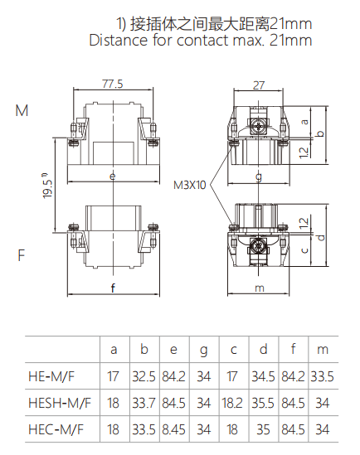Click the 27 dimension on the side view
[x=259, y=84]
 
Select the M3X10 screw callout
[x=189, y=185]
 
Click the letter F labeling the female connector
[x=21, y=255]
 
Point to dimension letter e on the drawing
[x=112, y=176]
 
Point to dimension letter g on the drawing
[x=259, y=176]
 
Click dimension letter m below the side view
[x=259, y=288]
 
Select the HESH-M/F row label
[x=61, y=404]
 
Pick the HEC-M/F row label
[x=57, y=430]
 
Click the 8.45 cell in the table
[x=174, y=430]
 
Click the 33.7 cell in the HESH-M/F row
[x=144, y=404]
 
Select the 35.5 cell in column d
[x=264, y=404]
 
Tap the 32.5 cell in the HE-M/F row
[x=144, y=376]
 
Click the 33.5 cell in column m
[x=324, y=376]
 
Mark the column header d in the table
[x=264, y=350]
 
